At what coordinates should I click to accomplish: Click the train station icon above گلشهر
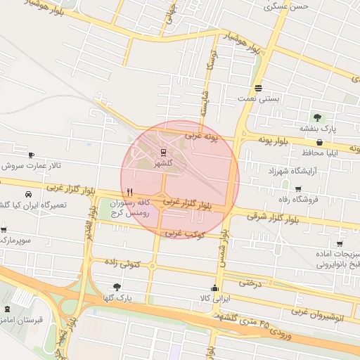[x=163, y=152]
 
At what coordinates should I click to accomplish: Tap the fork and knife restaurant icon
[x=129, y=192]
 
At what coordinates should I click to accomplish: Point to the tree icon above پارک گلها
[x=117, y=287]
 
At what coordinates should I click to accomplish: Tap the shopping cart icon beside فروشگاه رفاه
[x=298, y=189]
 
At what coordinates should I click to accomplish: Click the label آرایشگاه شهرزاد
[x=292, y=171]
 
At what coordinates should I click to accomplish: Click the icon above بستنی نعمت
[x=259, y=88]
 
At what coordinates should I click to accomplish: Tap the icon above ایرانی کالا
[x=214, y=288]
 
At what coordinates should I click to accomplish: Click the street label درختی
[x=250, y=283]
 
